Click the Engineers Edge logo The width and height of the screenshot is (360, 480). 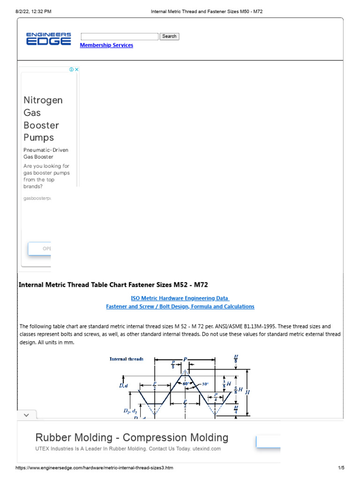pos(48,39)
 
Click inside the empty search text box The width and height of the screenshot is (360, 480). pos(120,37)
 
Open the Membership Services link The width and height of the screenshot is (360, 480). pos(106,45)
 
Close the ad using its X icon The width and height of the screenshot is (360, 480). pos(77,69)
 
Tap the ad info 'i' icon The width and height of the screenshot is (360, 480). pos(71,69)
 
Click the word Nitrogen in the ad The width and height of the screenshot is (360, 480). pos(43,100)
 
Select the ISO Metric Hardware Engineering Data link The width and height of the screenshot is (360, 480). pos(180,298)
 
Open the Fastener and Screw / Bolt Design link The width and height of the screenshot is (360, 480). pos(180,307)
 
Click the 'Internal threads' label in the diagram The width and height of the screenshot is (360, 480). pos(127,359)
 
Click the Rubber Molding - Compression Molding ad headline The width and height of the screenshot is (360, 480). pos(132,438)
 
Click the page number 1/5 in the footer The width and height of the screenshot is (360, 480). pos(341,468)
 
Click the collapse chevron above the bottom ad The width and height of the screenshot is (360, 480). pos(26,415)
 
